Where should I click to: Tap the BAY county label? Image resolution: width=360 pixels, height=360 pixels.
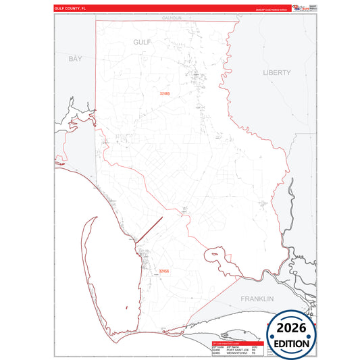pyautogui.click(x=75, y=59)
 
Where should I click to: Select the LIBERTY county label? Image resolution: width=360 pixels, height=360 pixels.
pyautogui.click(x=277, y=72)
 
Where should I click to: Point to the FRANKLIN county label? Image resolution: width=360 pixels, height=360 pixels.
pyautogui.click(x=257, y=298)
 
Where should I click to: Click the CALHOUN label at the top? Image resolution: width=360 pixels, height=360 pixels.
pyautogui.click(x=172, y=18)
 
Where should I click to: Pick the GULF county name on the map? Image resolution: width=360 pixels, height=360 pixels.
pyautogui.click(x=143, y=42)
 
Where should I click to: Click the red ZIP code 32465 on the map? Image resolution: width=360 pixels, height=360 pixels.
pyautogui.click(x=165, y=93)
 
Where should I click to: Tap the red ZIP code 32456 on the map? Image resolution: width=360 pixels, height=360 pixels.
pyautogui.click(x=163, y=272)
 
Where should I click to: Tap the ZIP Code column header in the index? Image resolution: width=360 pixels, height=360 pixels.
pyautogui.click(x=217, y=346)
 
